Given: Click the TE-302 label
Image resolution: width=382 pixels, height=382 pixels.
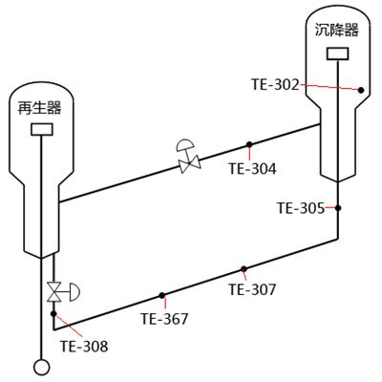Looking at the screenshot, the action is pyautogui.click(x=276, y=85).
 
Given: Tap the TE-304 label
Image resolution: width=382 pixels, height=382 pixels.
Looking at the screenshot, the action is pyautogui.click(x=252, y=168).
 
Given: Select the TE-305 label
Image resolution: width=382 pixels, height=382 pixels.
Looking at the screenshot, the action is pyautogui.click(x=301, y=208).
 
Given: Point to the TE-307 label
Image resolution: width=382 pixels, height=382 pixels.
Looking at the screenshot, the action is pyautogui.click(x=252, y=289).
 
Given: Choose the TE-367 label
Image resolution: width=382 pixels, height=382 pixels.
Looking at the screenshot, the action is pyautogui.click(x=164, y=319).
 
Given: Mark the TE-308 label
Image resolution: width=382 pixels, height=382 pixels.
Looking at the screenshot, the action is pyautogui.click(x=84, y=346).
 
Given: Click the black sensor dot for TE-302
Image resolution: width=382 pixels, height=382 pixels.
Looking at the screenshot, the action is pyautogui.click(x=361, y=90).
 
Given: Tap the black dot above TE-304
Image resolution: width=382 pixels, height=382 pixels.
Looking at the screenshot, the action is pyautogui.click(x=249, y=144).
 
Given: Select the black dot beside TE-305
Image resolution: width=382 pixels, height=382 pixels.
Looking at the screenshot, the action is pyautogui.click(x=338, y=208).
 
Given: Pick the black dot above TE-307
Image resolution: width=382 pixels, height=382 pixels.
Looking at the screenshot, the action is pyautogui.click(x=244, y=269).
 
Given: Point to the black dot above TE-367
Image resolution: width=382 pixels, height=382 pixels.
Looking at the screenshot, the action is pyautogui.click(x=161, y=295).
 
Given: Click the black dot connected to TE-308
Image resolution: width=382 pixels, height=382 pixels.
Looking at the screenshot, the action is pyautogui.click(x=53, y=314).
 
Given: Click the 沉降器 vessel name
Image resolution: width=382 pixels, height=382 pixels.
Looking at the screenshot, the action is pyautogui.click(x=337, y=31).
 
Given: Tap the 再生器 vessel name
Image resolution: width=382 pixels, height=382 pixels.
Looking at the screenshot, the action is pyautogui.click(x=39, y=108).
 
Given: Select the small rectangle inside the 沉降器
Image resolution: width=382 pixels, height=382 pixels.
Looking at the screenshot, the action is pyautogui.click(x=337, y=53).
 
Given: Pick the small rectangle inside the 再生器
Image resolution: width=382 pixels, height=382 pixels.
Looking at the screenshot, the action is pyautogui.click(x=42, y=129).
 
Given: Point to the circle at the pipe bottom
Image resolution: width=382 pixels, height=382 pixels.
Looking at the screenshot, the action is pyautogui.click(x=42, y=368).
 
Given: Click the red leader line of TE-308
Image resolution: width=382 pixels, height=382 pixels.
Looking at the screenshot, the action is pyautogui.click(x=68, y=325).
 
